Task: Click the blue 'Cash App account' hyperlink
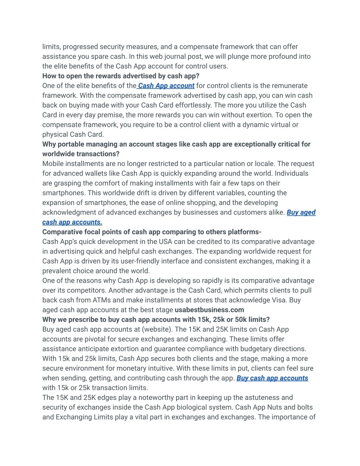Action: [x=166, y=86]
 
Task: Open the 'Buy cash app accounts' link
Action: [x=272, y=378]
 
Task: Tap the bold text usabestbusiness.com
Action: [x=209, y=310]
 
